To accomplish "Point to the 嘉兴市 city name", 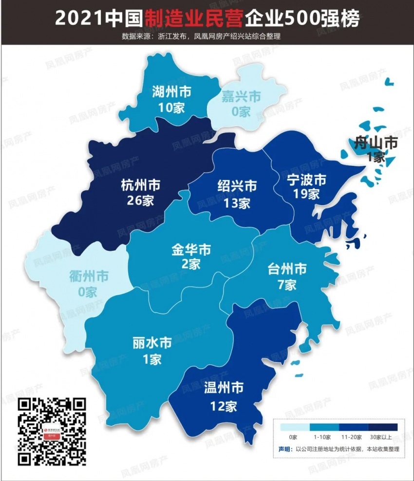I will point(241,96).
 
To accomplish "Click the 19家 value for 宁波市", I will point(306,195).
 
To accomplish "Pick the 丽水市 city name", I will point(152,343).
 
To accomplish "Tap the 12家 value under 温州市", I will point(224,406).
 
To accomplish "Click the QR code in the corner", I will point(52,431).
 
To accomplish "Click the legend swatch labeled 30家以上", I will point(383,427).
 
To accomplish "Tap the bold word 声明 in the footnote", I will point(285,449).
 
